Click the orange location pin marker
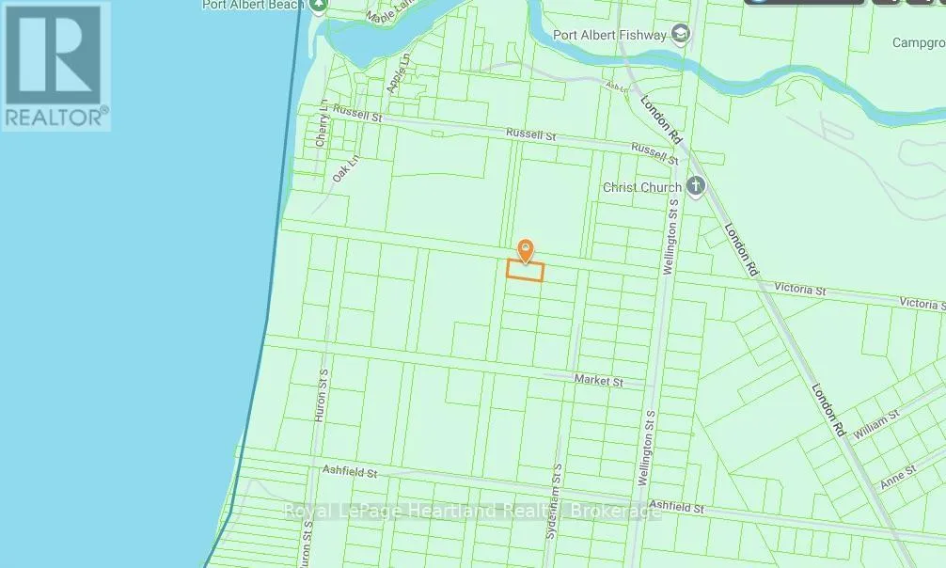(x=526, y=250)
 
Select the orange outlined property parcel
(x=526, y=271)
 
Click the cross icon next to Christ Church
(x=696, y=186)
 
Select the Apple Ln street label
(x=399, y=73)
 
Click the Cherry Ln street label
(x=322, y=123)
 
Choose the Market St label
(x=598, y=381)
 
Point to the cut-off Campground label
(x=919, y=43)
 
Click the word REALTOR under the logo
(x=55, y=117)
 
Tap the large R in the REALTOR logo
(x=55, y=55)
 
